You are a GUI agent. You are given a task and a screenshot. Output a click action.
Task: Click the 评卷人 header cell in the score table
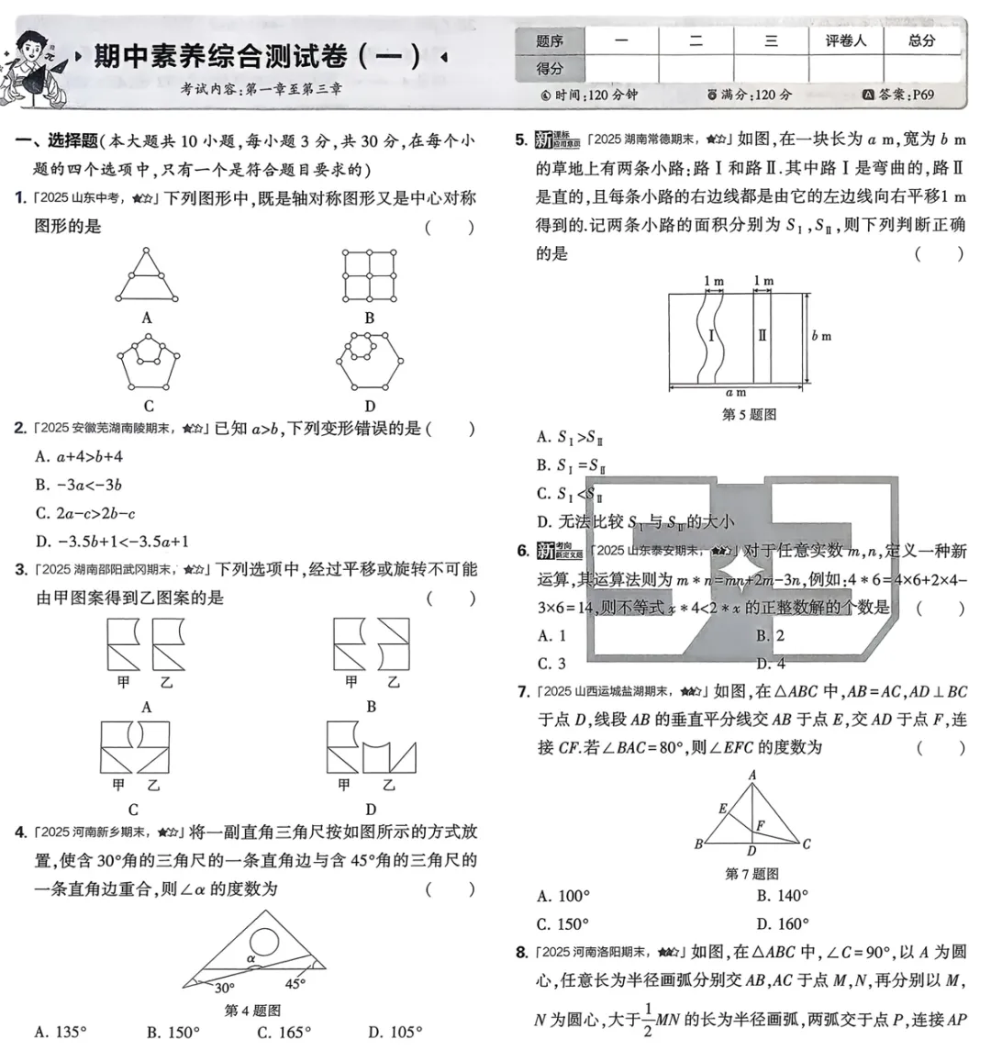845,40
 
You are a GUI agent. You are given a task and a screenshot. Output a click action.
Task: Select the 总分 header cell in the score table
921,40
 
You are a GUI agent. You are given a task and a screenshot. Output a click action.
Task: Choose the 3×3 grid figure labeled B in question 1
370,275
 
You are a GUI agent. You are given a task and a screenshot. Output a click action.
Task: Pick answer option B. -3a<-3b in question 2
79,485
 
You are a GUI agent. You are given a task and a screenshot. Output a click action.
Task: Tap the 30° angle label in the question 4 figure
224,989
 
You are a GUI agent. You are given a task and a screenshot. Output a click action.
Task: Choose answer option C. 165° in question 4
284,1033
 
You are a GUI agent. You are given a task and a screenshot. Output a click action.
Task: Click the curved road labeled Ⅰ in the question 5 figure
712,336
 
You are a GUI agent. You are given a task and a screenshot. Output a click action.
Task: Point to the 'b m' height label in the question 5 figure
821,336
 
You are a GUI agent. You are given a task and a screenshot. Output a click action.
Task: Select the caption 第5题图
749,414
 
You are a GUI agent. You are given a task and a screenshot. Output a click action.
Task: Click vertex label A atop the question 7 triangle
752,775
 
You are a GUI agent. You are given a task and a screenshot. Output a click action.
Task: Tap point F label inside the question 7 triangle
760,826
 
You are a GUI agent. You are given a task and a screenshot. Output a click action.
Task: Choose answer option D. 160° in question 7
783,923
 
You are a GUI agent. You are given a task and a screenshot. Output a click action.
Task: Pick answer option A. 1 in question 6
551,635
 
